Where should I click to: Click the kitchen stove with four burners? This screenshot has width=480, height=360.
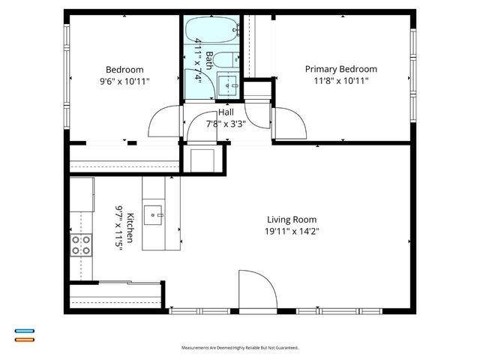pyautogui.click(x=81, y=245)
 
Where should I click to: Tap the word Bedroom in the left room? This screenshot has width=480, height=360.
pyautogui.click(x=124, y=70)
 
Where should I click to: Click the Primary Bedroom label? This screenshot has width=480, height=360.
pyautogui.click(x=340, y=69)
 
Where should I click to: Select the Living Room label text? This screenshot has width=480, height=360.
pyautogui.click(x=288, y=220)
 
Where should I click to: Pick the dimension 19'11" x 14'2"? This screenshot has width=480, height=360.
pyautogui.click(x=288, y=231)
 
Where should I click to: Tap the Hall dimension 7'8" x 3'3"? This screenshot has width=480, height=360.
pyautogui.click(x=225, y=124)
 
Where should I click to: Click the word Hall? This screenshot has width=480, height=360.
pyautogui.click(x=225, y=112)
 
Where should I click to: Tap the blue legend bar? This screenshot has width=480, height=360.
pyautogui.click(x=24, y=331)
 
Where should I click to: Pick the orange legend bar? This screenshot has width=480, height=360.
pyautogui.click(x=24, y=339)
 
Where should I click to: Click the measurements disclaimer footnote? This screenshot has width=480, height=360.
pyautogui.click(x=240, y=348)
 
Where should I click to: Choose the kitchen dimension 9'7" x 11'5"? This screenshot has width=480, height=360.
pyautogui.click(x=118, y=228)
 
